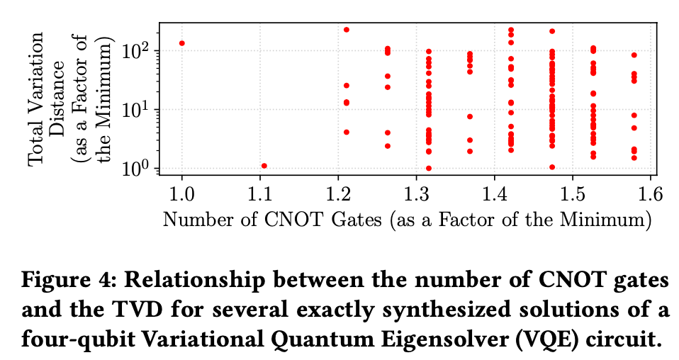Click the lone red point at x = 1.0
[182, 43]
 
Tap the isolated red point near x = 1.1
[264, 166]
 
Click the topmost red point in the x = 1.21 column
[347, 30]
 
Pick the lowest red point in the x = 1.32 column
[429, 168]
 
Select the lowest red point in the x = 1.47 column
[552, 167]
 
